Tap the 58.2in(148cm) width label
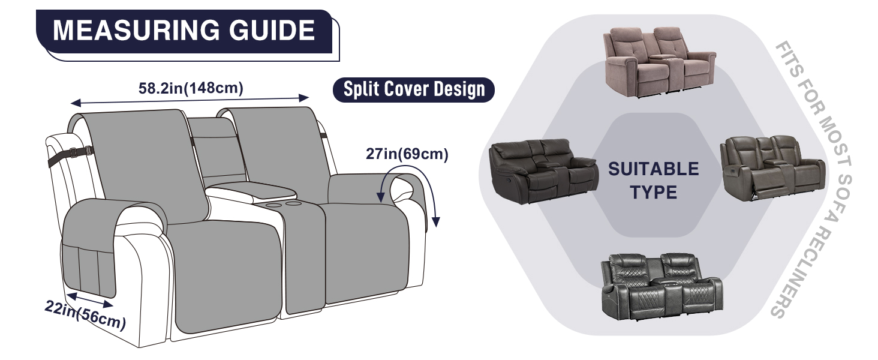191,88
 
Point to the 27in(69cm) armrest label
407,154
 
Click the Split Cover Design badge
414,90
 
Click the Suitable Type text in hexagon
654,180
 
